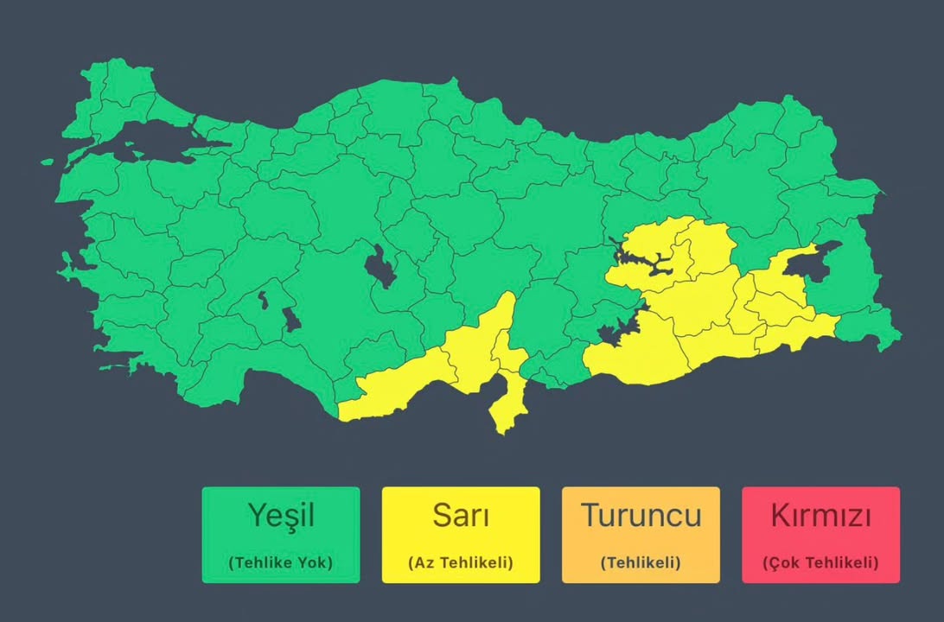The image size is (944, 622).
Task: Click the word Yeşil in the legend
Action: tap(281, 516)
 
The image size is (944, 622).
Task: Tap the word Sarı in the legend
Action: tap(461, 516)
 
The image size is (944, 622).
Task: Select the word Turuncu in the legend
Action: tap(641, 516)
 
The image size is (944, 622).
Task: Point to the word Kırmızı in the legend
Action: tap(820, 516)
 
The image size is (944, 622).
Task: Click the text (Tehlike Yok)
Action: tap(281, 562)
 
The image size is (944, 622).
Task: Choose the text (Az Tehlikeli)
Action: tap(461, 562)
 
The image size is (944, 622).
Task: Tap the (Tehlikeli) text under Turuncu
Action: tap(641, 562)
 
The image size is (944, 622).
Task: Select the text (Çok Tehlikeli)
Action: tap(820, 562)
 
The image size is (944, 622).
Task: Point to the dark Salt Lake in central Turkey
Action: tap(378, 266)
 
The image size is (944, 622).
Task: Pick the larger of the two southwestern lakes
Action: tap(293, 321)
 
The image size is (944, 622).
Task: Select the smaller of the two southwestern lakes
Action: tap(262, 300)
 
